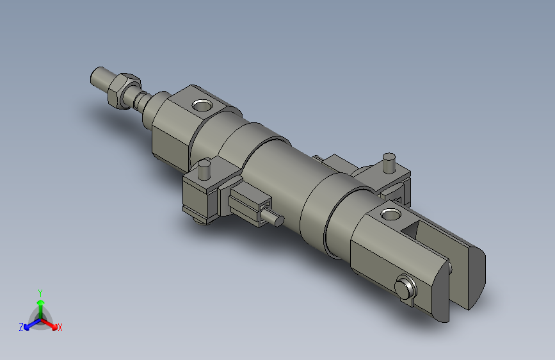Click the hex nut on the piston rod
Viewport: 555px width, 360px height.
pyautogui.click(x=124, y=88)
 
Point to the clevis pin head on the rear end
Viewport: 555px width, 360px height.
pyautogui.click(x=405, y=288)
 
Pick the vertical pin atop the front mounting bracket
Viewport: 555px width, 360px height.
pyautogui.click(x=205, y=170)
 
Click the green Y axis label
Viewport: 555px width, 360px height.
pyautogui.click(x=40, y=291)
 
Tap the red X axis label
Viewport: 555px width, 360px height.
pyautogui.click(x=60, y=328)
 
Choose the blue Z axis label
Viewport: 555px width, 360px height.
pyautogui.click(x=21, y=327)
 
